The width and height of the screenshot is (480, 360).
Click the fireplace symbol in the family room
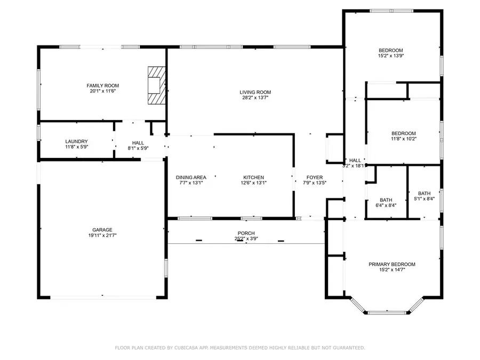pyautogui.click(x=156, y=85)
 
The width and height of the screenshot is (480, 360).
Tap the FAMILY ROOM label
pyautogui.click(x=103, y=85)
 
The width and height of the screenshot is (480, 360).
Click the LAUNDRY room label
pyautogui.click(x=76, y=141)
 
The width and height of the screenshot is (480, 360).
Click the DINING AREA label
pyautogui.click(x=191, y=178)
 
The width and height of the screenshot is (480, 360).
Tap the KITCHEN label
pyautogui.click(x=253, y=178)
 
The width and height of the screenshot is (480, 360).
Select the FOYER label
pyautogui.click(x=314, y=178)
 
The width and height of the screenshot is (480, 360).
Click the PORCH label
pyautogui.click(x=246, y=234)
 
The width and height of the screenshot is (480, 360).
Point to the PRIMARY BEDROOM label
pyautogui.click(x=392, y=264)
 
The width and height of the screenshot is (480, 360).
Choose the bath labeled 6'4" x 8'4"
pyautogui.click(x=386, y=204)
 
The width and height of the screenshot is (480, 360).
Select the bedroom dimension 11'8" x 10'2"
pyautogui.click(x=404, y=139)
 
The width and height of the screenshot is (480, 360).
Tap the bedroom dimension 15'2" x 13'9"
pyautogui.click(x=391, y=55)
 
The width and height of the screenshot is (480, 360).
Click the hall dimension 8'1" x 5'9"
pyautogui.click(x=138, y=148)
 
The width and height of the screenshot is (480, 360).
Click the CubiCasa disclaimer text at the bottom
pyautogui.click(x=240, y=348)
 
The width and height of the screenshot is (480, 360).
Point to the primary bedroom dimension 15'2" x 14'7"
pyautogui.click(x=392, y=270)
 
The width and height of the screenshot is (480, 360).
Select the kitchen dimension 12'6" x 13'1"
pyautogui.click(x=253, y=183)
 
